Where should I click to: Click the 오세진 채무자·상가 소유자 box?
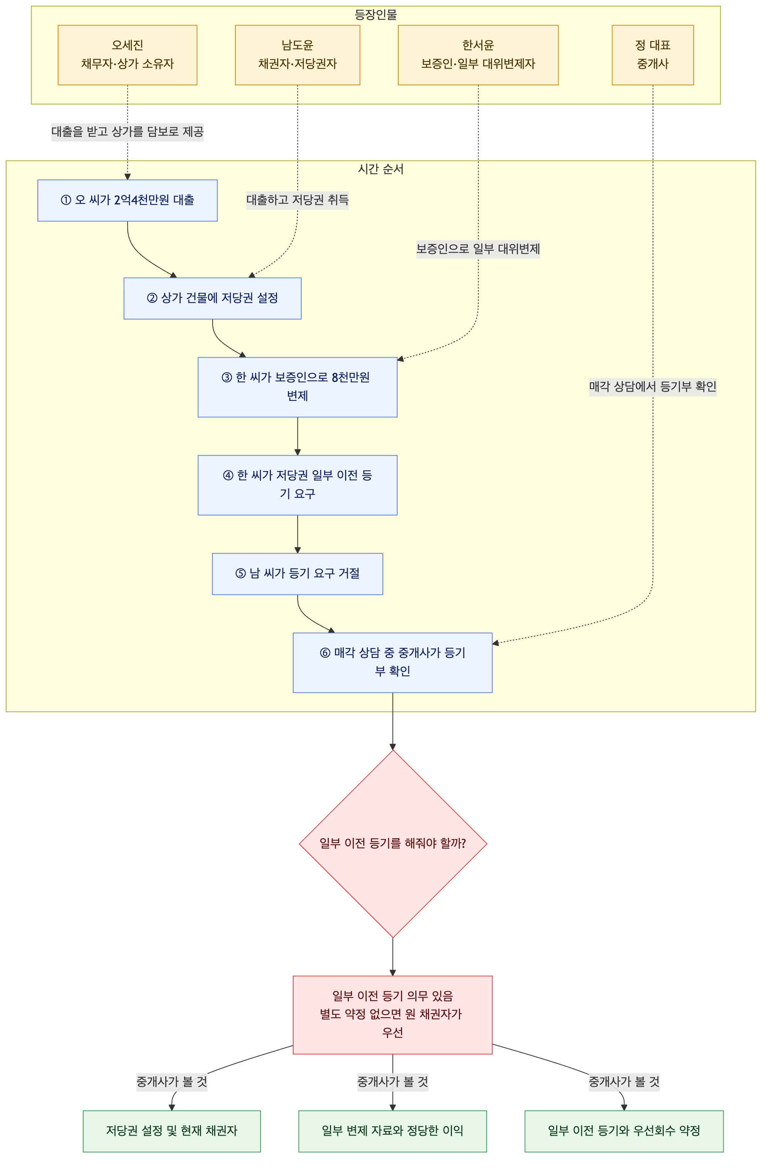tap(127, 55)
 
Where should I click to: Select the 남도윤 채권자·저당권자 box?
tap(297, 55)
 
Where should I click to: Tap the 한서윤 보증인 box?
tap(478, 55)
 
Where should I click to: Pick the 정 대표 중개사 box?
tap(653, 55)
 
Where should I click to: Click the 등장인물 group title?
tap(376, 15)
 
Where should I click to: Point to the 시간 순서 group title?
tap(381, 169)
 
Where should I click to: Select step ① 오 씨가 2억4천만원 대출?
tap(127, 200)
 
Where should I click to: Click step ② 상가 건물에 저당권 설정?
tap(212, 299)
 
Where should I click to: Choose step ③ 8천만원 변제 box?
tap(297, 387)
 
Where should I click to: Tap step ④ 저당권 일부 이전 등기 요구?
tap(297, 485)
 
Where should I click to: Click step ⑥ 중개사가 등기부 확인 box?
tap(392, 663)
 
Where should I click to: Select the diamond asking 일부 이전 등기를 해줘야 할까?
tap(393, 844)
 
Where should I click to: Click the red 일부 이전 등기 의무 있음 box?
tap(392, 1014)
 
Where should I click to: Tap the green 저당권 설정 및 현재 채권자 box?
tap(171, 1131)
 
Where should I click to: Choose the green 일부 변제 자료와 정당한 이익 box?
tap(392, 1131)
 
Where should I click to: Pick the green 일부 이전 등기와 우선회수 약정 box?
tap(624, 1131)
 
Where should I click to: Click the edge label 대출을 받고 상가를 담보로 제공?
tap(127, 132)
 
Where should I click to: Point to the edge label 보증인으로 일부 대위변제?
tap(478, 249)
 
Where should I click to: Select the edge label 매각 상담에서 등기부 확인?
tap(653, 387)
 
